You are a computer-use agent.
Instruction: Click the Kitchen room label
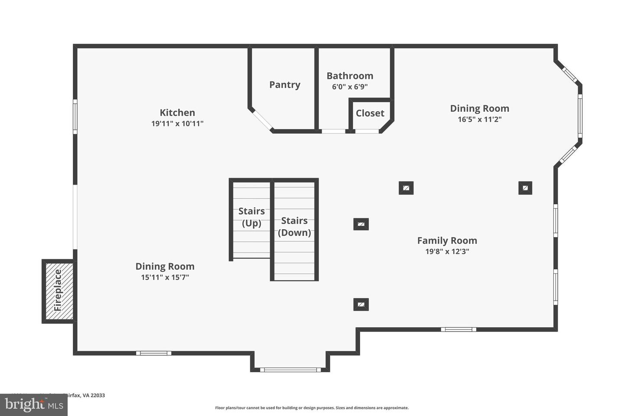click(x=177, y=113)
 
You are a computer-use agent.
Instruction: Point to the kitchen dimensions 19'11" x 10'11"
click(x=177, y=123)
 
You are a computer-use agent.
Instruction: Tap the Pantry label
click(x=285, y=84)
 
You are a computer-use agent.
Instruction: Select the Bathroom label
click(x=350, y=76)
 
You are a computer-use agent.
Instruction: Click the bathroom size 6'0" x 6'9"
click(x=350, y=87)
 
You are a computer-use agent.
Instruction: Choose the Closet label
click(x=370, y=113)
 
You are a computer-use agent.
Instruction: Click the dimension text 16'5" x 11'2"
click(x=480, y=119)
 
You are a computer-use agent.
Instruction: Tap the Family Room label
click(x=447, y=240)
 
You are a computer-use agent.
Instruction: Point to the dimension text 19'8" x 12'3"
click(x=447, y=251)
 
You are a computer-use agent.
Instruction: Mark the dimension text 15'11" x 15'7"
click(x=165, y=277)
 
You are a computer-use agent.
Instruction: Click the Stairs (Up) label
click(x=251, y=217)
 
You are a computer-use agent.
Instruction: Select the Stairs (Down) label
click(x=294, y=227)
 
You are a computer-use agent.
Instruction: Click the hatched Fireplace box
click(x=58, y=291)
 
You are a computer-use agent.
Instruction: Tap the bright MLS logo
click(x=33, y=405)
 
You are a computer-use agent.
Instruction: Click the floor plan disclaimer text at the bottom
click(x=312, y=408)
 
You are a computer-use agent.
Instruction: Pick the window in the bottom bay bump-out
click(x=290, y=370)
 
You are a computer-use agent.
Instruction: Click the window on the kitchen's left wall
click(x=75, y=117)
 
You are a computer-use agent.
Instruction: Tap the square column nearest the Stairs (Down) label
click(x=361, y=224)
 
